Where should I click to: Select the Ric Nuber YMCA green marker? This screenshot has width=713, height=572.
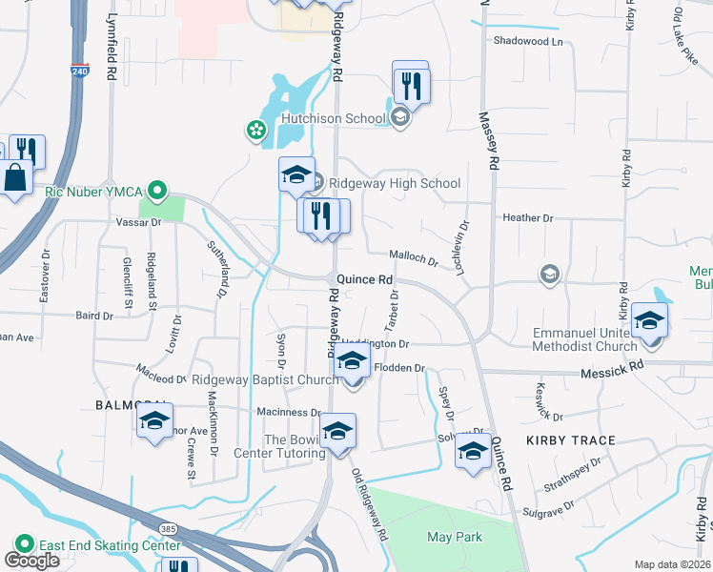(159, 190)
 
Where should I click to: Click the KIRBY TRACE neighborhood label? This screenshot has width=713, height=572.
(570, 440)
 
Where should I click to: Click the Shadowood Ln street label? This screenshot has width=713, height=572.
(528, 41)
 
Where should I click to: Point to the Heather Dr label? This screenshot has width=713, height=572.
(527, 217)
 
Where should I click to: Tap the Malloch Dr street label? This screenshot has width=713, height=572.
(413, 256)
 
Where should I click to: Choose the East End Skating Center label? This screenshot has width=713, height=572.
(110, 545)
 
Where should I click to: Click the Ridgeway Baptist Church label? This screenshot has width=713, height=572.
(265, 379)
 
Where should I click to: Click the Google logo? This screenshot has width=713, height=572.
(31, 561)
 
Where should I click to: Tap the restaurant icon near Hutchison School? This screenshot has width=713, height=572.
(411, 85)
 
